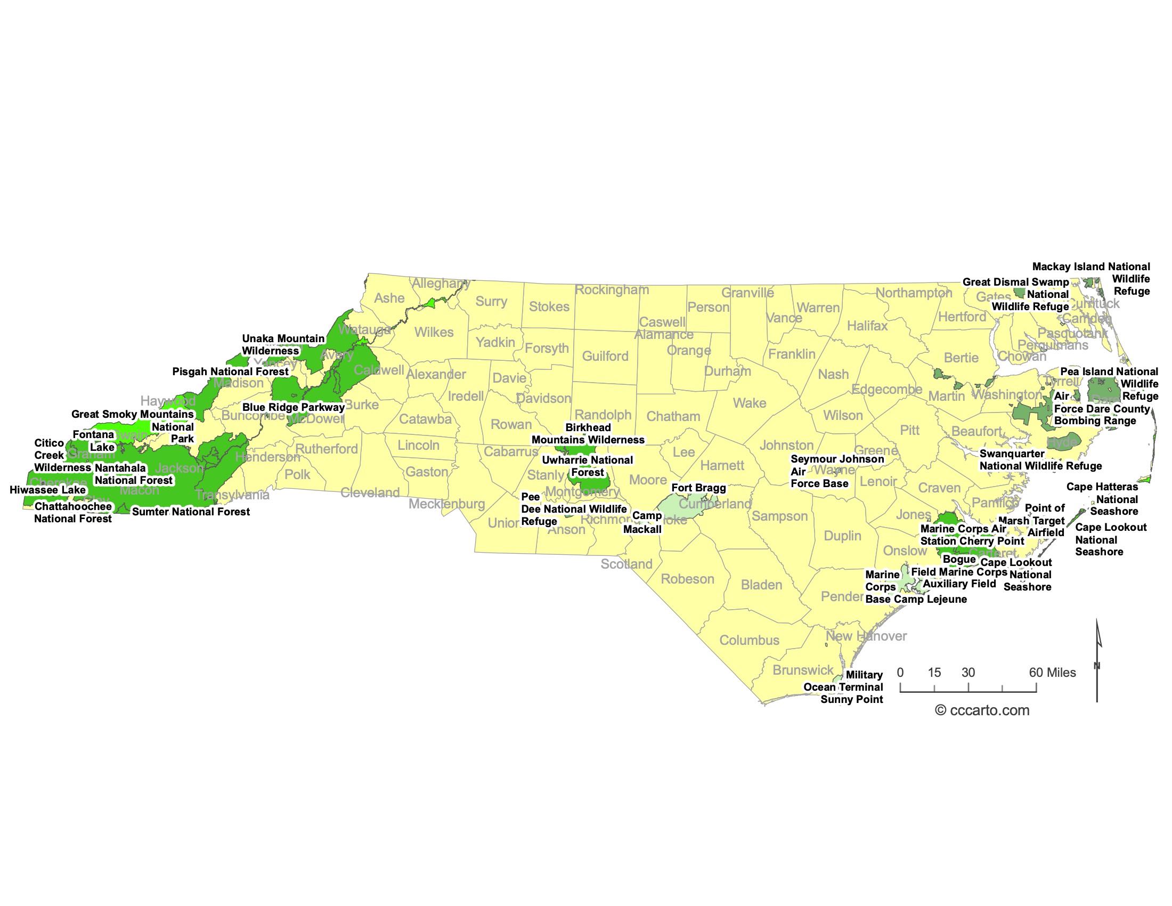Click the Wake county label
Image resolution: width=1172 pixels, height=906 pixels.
(750, 403)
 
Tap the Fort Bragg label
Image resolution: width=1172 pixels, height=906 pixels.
(699, 488)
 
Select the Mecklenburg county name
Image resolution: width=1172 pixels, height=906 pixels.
(446, 504)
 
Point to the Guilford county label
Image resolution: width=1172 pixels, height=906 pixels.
(605, 357)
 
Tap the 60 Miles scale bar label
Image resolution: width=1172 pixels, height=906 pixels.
(1052, 673)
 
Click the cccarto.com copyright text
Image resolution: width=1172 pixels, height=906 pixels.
(982, 710)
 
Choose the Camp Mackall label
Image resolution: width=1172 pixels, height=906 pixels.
(643, 522)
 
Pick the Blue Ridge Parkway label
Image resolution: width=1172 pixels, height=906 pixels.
(294, 407)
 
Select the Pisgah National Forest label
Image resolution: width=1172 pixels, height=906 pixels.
(230, 371)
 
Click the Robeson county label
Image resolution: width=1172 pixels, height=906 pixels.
(687, 579)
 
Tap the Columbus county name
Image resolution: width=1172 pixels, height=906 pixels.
(749, 640)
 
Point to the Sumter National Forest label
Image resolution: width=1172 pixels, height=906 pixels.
(191, 512)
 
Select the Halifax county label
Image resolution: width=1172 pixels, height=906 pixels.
(867, 326)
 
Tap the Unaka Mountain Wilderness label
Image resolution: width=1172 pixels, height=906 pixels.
(283, 345)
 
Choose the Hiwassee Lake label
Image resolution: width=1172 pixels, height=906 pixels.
(48, 490)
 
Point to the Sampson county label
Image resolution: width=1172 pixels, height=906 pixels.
(780, 516)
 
